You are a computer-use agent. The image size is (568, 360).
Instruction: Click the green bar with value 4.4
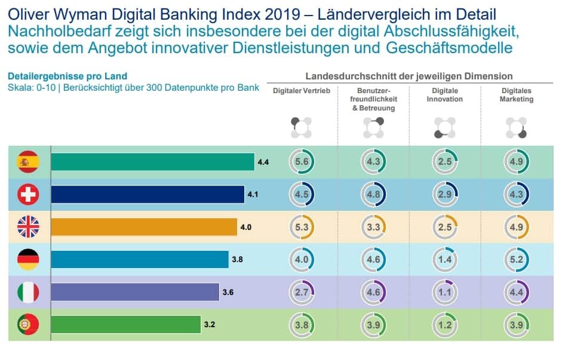[x=152, y=162]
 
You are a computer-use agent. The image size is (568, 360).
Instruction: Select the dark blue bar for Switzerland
[x=148, y=195]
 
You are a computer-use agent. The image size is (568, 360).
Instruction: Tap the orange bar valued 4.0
[x=144, y=227]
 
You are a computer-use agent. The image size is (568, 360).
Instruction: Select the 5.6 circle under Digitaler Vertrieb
[x=302, y=162]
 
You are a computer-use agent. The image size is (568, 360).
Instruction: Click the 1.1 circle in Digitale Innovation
[x=445, y=292]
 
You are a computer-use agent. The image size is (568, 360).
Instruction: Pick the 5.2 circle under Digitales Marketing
[x=517, y=259]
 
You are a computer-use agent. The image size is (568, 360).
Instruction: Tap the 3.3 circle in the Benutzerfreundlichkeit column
[x=373, y=227]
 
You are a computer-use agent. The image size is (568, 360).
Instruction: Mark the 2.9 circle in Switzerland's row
[x=445, y=195]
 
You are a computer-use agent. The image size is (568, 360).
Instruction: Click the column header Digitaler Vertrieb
[x=301, y=91]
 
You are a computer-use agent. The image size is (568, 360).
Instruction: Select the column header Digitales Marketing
[x=516, y=95]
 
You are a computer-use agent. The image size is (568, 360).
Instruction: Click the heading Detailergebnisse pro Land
[x=67, y=76]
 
